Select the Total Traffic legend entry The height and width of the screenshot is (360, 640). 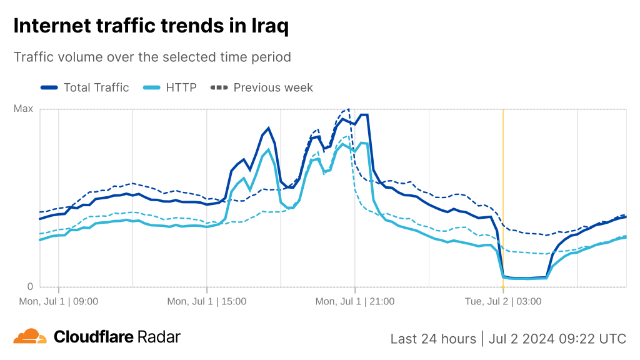click(96, 87)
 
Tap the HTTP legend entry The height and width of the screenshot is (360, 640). click(181, 87)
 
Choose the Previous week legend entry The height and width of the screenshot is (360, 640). click(273, 87)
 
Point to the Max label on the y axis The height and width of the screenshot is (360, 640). click(23, 109)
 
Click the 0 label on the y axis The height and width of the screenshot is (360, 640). click(29, 287)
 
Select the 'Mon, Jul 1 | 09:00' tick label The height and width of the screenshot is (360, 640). click(59, 301)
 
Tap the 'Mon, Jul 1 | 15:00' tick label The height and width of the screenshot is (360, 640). click(207, 301)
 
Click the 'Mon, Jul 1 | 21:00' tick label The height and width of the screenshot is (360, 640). click(355, 301)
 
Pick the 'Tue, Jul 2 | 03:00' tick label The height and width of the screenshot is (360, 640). click(503, 301)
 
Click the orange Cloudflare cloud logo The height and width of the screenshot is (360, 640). click(30, 336)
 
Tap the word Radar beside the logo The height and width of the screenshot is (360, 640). click(159, 337)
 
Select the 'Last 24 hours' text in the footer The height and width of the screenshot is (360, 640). click(432, 339)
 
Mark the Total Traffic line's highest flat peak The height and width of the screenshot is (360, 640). click(364, 115)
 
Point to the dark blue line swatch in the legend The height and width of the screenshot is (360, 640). click(49, 87)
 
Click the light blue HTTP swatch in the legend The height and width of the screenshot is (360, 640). click(152, 87)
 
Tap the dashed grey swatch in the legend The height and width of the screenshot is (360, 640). click(219, 87)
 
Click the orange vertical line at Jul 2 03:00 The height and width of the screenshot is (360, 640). click(503, 187)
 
